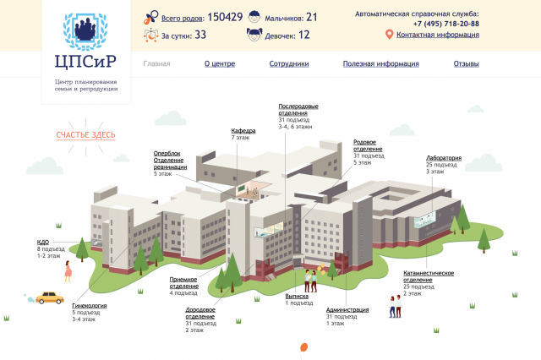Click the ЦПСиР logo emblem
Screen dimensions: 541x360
(85, 31)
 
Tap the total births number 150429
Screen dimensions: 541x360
(225, 17)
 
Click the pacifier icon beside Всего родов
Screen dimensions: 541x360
(150, 18)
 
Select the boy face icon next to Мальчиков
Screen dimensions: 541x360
(254, 17)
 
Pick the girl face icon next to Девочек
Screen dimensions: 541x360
(254, 35)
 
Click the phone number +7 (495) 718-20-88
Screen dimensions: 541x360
(446, 24)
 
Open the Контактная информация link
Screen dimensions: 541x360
(438, 35)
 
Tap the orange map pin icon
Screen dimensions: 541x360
(389, 35)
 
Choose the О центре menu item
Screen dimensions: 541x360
(220, 63)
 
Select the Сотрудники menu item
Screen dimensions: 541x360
(289, 63)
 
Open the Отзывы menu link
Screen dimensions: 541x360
(466, 63)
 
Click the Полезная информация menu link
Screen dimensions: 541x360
(381, 63)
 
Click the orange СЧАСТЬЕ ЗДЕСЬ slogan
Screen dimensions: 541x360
(85, 135)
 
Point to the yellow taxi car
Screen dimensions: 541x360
(50, 298)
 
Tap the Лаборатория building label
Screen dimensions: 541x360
(444, 158)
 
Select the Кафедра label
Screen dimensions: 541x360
(243, 131)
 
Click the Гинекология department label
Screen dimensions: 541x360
(90, 306)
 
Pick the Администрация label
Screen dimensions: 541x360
(347, 309)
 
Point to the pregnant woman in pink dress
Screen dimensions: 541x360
(68, 271)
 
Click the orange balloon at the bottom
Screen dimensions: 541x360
(303, 347)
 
